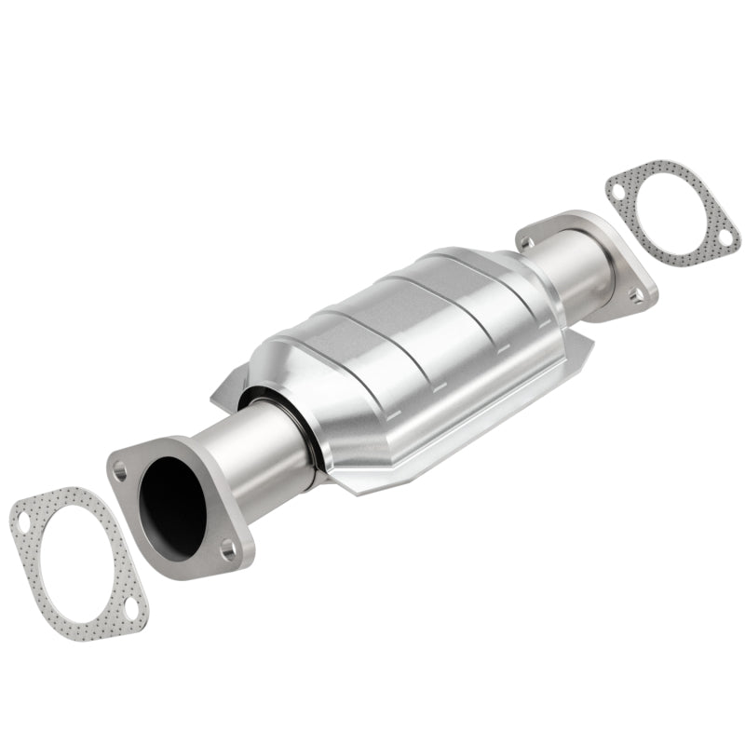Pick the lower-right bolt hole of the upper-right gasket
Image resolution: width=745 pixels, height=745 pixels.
pyautogui.click(x=725, y=239)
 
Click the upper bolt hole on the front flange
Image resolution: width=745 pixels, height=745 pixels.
pyautogui.click(x=119, y=472)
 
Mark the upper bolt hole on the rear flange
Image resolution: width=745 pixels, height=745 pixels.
pyautogui.click(x=527, y=242)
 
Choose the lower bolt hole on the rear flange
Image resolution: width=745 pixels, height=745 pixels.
pyautogui.click(x=635, y=296)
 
